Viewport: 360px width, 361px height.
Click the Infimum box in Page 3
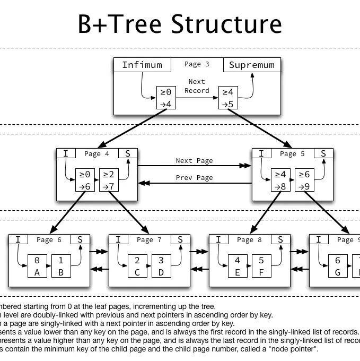click(x=142, y=65)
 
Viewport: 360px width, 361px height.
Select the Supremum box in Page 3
click(x=252, y=65)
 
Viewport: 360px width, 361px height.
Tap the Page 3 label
click(x=197, y=64)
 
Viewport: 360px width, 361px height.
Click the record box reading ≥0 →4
click(x=166, y=98)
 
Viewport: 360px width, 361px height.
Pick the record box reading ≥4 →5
click(x=228, y=98)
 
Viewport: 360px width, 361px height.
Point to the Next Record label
click(x=197, y=87)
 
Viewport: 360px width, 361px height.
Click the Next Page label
click(x=194, y=161)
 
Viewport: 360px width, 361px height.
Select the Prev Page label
click(x=194, y=178)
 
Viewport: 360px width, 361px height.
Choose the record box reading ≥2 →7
click(x=109, y=180)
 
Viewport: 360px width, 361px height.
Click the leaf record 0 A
click(x=37, y=266)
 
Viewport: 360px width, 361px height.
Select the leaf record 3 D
click(x=161, y=266)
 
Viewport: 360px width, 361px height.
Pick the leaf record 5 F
click(x=261, y=266)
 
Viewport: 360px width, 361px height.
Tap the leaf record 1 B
click(x=61, y=266)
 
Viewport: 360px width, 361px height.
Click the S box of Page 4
click(x=127, y=154)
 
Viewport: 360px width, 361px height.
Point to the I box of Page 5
click(x=261, y=154)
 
